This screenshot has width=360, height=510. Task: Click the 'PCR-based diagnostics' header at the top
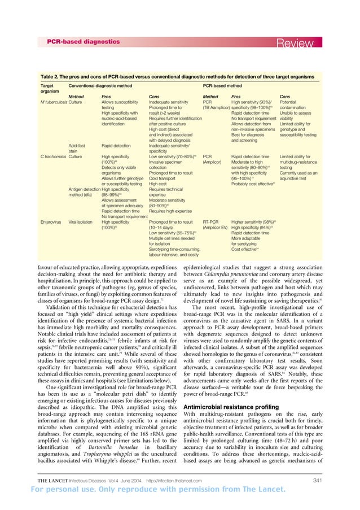click(x=83, y=42)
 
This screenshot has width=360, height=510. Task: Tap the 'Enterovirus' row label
click(x=51, y=223)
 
